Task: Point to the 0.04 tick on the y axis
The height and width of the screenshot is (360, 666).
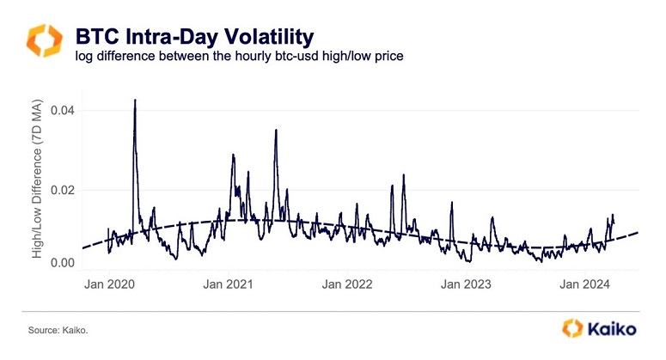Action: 62,110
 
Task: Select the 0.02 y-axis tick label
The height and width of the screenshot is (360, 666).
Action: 62,190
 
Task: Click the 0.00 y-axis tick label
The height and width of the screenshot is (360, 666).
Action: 62,262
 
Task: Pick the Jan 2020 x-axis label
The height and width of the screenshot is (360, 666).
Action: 108,284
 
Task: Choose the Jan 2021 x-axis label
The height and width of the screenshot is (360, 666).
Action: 227,284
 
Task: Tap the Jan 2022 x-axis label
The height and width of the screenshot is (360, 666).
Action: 346,284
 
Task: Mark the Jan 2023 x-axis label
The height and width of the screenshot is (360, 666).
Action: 465,284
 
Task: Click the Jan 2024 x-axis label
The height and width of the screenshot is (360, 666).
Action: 584,284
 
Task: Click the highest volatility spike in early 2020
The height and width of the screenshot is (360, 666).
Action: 135,101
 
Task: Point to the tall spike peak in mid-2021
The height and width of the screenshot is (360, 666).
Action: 276,131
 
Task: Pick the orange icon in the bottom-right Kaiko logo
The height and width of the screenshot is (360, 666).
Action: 573,328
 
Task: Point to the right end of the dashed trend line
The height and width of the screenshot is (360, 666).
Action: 639,232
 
